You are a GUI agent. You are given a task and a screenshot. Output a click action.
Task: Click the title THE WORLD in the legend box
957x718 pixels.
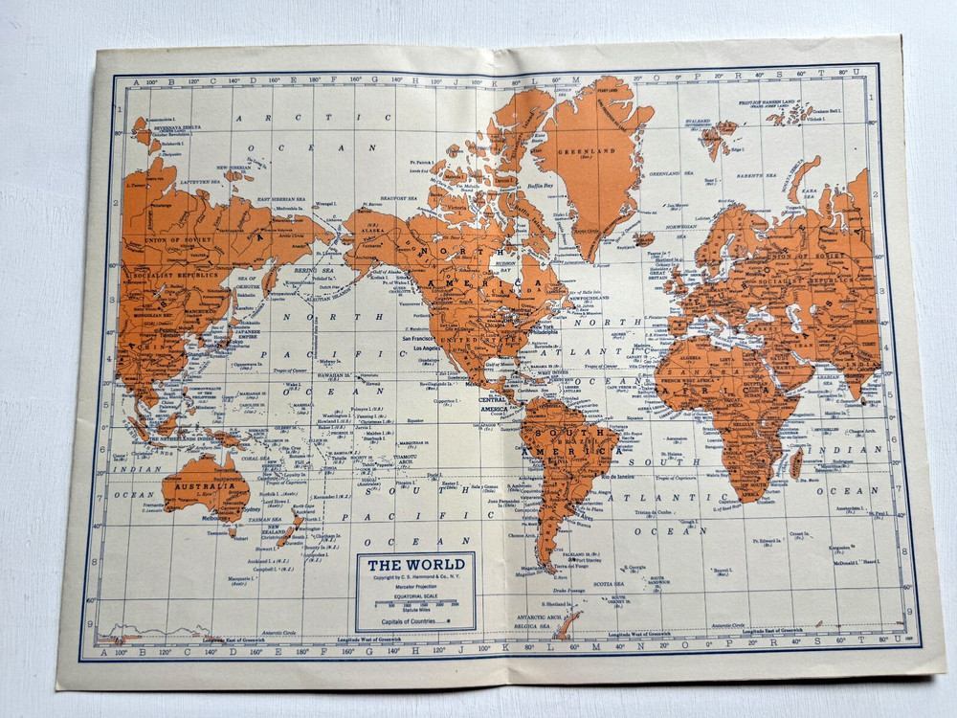point(416,564)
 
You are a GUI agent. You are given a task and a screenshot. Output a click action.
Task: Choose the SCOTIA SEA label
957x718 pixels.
point(607,583)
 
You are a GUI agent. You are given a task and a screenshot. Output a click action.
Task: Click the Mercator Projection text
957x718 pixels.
point(416,587)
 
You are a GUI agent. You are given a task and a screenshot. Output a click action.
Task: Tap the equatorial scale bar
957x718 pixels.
point(415,600)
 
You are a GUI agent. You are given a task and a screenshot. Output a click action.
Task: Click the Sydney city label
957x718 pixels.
point(252,509)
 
